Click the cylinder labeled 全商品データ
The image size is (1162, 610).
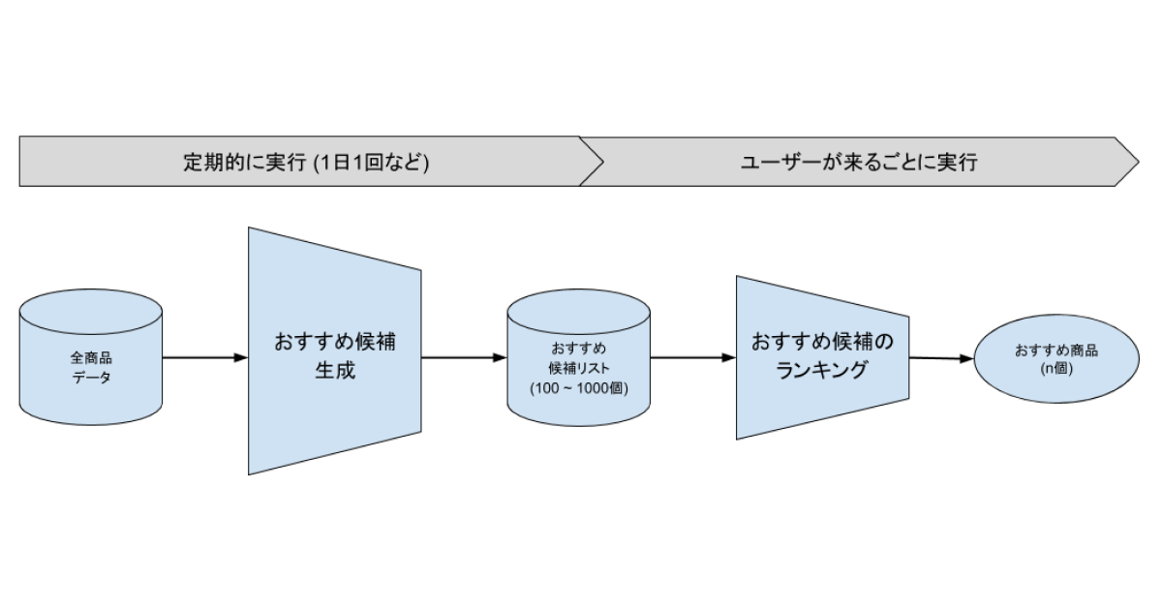(91, 357)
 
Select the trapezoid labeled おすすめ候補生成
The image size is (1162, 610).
(335, 351)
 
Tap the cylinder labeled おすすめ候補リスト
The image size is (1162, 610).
(578, 358)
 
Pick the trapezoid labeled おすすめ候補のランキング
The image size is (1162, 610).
(822, 358)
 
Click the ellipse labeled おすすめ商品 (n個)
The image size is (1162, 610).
(1056, 358)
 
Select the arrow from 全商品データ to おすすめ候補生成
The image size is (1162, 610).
(205, 357)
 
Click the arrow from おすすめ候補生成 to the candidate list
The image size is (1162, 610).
(464, 357)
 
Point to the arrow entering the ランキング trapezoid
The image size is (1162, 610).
(693, 357)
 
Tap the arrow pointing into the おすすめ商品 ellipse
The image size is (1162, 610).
(941, 358)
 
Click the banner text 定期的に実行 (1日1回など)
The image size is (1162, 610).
(306, 163)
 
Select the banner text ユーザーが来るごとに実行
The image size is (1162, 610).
(859, 163)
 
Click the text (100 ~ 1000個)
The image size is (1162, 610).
(579, 388)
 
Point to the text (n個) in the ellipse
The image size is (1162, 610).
(1056, 369)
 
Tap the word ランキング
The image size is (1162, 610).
(822, 370)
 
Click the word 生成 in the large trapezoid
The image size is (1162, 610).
(335, 370)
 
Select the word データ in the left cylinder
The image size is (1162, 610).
(91, 377)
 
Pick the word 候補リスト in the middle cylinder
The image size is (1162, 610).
(579, 368)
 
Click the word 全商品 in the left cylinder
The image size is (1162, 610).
(91, 357)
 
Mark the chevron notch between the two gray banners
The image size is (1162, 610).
(603, 162)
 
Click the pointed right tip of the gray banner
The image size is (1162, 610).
(1139, 162)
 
